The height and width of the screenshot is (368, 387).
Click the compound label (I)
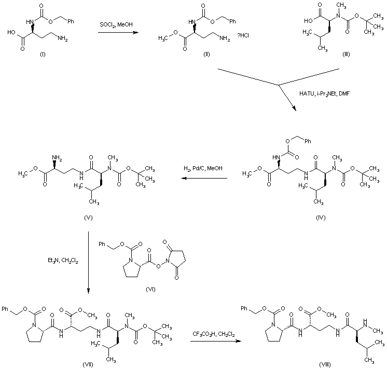click(x=43, y=54)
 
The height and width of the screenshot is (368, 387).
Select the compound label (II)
click(x=206, y=54)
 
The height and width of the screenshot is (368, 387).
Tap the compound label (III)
click(x=346, y=54)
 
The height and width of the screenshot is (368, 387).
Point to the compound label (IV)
click(x=321, y=217)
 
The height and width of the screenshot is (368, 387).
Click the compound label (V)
click(x=88, y=217)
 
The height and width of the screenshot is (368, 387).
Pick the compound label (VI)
click(x=150, y=289)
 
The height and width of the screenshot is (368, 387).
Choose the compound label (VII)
click(x=88, y=364)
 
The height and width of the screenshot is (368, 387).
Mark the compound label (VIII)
click(x=325, y=364)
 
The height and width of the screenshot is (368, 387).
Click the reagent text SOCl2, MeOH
click(x=116, y=25)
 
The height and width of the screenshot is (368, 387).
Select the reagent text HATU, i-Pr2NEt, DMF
click(x=324, y=93)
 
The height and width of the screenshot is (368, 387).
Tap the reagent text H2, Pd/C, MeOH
click(x=203, y=169)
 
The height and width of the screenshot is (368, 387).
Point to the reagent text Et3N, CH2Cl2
click(x=63, y=261)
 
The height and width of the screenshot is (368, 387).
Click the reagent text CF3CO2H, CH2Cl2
click(x=214, y=334)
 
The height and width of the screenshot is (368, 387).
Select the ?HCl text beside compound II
click(x=243, y=36)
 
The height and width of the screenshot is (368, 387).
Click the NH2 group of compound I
click(x=62, y=38)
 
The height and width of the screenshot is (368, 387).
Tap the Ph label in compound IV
click(x=308, y=141)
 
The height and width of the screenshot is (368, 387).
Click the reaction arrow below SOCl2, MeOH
click(x=118, y=32)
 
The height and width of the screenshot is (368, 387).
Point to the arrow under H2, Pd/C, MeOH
click(x=204, y=179)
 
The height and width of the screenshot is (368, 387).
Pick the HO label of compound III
click(x=308, y=21)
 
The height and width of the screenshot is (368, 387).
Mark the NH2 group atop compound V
click(x=57, y=158)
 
